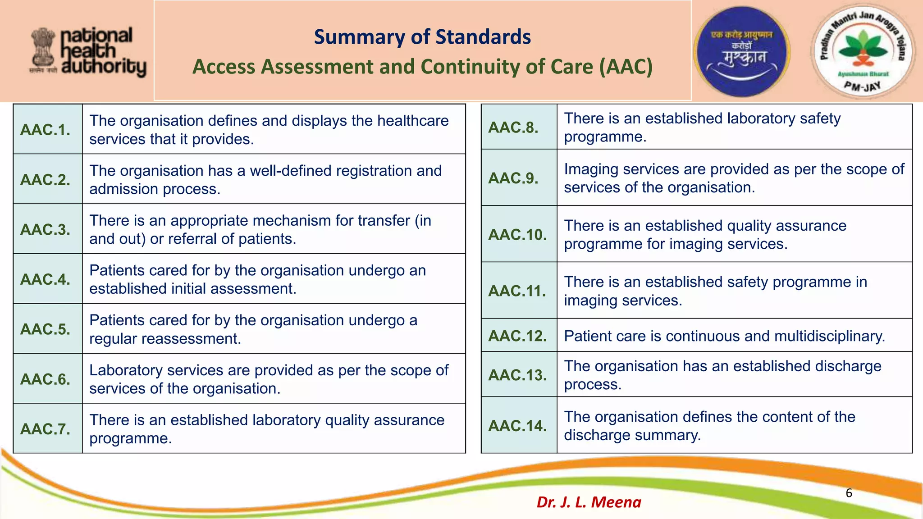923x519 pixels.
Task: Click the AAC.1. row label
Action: pos(46,130)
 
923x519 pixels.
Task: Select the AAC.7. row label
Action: pos(46,429)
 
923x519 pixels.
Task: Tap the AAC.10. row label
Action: pos(517,234)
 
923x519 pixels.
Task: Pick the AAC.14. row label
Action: pos(517,426)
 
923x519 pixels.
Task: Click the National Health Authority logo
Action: pos(88,52)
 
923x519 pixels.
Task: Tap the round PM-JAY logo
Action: pos(862,51)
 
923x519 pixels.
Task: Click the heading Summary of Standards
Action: pos(422,37)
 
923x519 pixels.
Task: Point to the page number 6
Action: pos(849,493)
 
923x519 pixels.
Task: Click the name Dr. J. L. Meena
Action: pos(589,502)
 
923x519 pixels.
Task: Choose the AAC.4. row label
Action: pos(46,279)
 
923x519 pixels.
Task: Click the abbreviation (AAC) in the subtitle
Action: pos(626,67)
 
